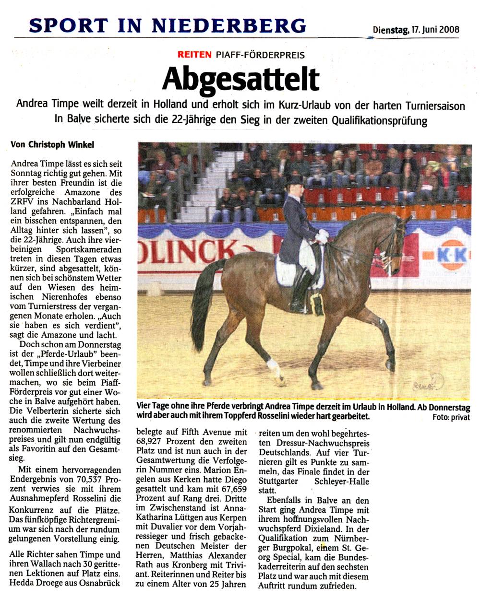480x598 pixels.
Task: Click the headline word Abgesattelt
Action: pos(240,79)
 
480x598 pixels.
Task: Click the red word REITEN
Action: pos(194,55)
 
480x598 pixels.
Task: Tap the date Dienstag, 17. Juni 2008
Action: pos(416,30)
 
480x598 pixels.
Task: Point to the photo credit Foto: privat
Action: pos(451,418)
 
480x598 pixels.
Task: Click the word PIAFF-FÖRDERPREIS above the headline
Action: pos(260,55)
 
